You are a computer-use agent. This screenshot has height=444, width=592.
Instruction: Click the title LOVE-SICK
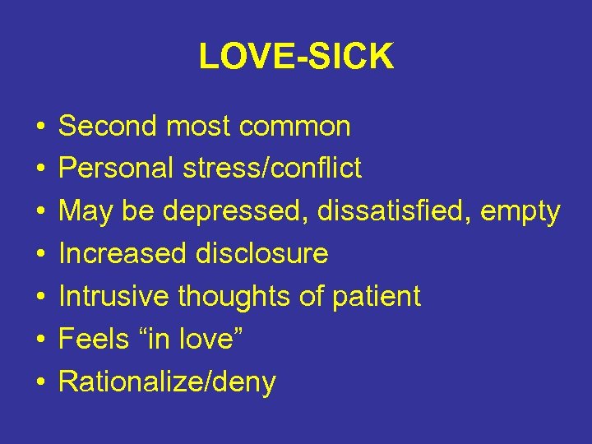(x=296, y=57)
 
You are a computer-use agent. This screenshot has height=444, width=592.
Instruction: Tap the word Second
(x=107, y=126)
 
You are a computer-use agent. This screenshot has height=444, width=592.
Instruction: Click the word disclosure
(x=261, y=254)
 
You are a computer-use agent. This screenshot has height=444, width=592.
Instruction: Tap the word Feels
(x=92, y=339)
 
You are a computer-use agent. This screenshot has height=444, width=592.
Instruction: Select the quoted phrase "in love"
(x=190, y=339)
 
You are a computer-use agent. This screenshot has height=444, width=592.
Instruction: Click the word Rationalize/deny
(x=167, y=382)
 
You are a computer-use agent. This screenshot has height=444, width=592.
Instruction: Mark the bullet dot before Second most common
(x=39, y=127)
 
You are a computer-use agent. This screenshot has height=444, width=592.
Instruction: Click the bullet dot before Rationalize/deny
(x=39, y=383)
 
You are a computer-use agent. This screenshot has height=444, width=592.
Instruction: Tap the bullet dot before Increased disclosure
(x=39, y=255)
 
